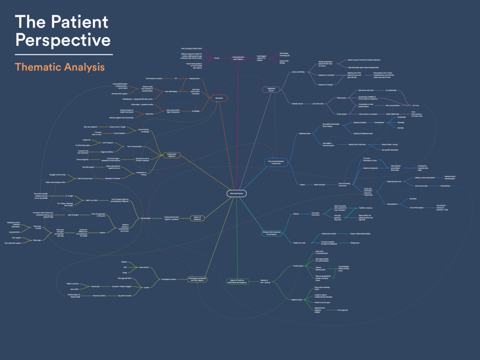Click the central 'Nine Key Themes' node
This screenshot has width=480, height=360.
236,193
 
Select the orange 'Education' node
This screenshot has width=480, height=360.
219,98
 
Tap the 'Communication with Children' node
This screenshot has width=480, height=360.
239,58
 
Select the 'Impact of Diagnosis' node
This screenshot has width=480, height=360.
198,218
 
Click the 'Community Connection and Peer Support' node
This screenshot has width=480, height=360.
198,279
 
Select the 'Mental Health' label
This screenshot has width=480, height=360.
146,218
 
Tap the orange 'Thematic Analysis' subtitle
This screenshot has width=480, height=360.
60,67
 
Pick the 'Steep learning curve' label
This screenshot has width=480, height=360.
395,181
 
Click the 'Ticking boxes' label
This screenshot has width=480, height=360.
354,243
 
